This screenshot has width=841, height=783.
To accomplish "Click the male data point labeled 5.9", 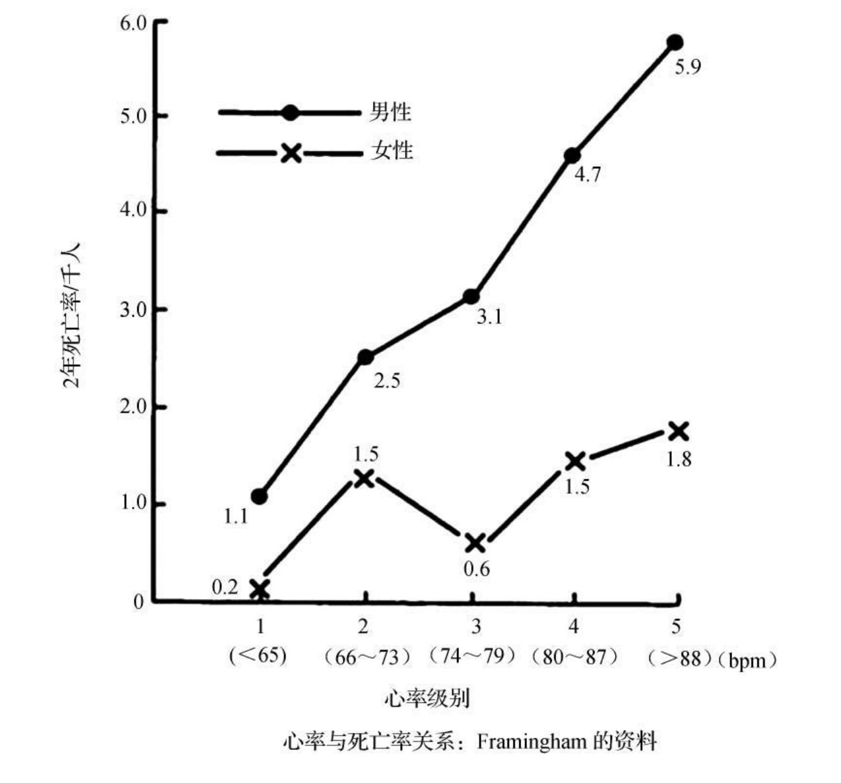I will click(675, 43).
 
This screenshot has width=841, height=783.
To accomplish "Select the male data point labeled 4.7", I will click(572, 156).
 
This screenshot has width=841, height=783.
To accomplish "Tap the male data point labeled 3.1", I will click(471, 297).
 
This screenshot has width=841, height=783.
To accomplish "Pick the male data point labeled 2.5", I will click(366, 357).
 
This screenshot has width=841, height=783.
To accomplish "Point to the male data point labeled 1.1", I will click(260, 497).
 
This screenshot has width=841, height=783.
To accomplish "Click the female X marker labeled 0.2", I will click(260, 590).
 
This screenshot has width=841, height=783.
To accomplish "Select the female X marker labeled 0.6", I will click(475, 543).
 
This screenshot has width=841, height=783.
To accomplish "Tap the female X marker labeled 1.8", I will click(677, 431).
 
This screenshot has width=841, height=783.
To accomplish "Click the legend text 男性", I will click(390, 112).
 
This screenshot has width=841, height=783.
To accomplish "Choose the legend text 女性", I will click(392, 151).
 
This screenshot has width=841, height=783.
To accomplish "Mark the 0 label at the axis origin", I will click(139, 602).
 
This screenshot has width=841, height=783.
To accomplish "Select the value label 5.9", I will click(688, 67).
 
